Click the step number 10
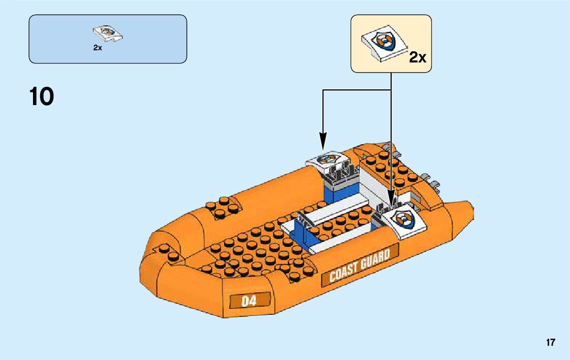click(x=42, y=96)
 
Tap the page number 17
click(x=551, y=342)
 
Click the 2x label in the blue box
click(x=97, y=48)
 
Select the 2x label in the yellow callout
click(x=417, y=57)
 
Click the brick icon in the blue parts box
click(x=108, y=35)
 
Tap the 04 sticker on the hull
click(x=249, y=301)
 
